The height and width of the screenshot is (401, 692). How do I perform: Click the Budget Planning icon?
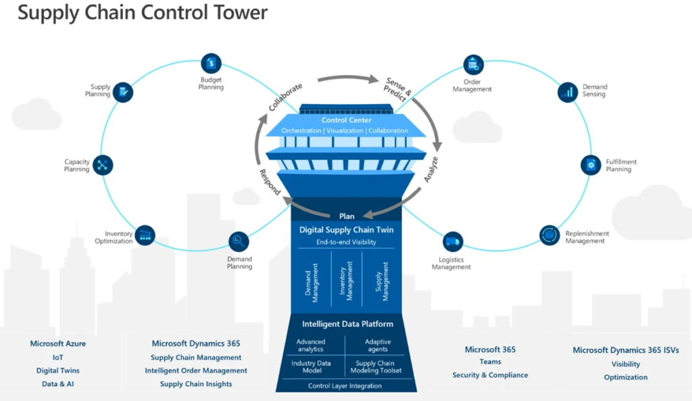click(212, 64)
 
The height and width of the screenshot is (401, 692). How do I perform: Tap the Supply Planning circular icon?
click(123, 91)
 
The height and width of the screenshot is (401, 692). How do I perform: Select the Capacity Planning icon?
click(103, 165)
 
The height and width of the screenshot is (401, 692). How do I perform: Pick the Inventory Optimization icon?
click(145, 235)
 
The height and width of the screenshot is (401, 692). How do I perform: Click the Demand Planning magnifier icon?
click(239, 241)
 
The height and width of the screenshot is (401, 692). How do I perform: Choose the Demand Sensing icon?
click(568, 91)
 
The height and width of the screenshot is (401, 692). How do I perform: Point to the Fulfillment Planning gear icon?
click(591, 165)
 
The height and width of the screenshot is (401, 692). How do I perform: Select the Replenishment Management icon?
click(550, 235)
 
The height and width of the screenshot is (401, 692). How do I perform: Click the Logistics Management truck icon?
click(453, 242)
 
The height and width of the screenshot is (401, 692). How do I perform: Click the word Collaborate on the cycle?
click(285, 97)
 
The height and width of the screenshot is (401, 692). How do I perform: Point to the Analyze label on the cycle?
click(431, 170)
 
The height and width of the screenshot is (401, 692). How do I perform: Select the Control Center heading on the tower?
click(346, 120)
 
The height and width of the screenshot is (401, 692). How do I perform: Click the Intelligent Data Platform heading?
click(347, 324)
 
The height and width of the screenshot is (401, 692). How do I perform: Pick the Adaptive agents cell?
click(378, 346)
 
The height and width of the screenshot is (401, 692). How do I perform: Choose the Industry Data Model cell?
click(311, 367)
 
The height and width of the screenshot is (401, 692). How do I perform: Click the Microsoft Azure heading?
click(58, 344)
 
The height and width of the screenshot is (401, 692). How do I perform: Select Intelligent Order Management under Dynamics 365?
click(196, 371)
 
